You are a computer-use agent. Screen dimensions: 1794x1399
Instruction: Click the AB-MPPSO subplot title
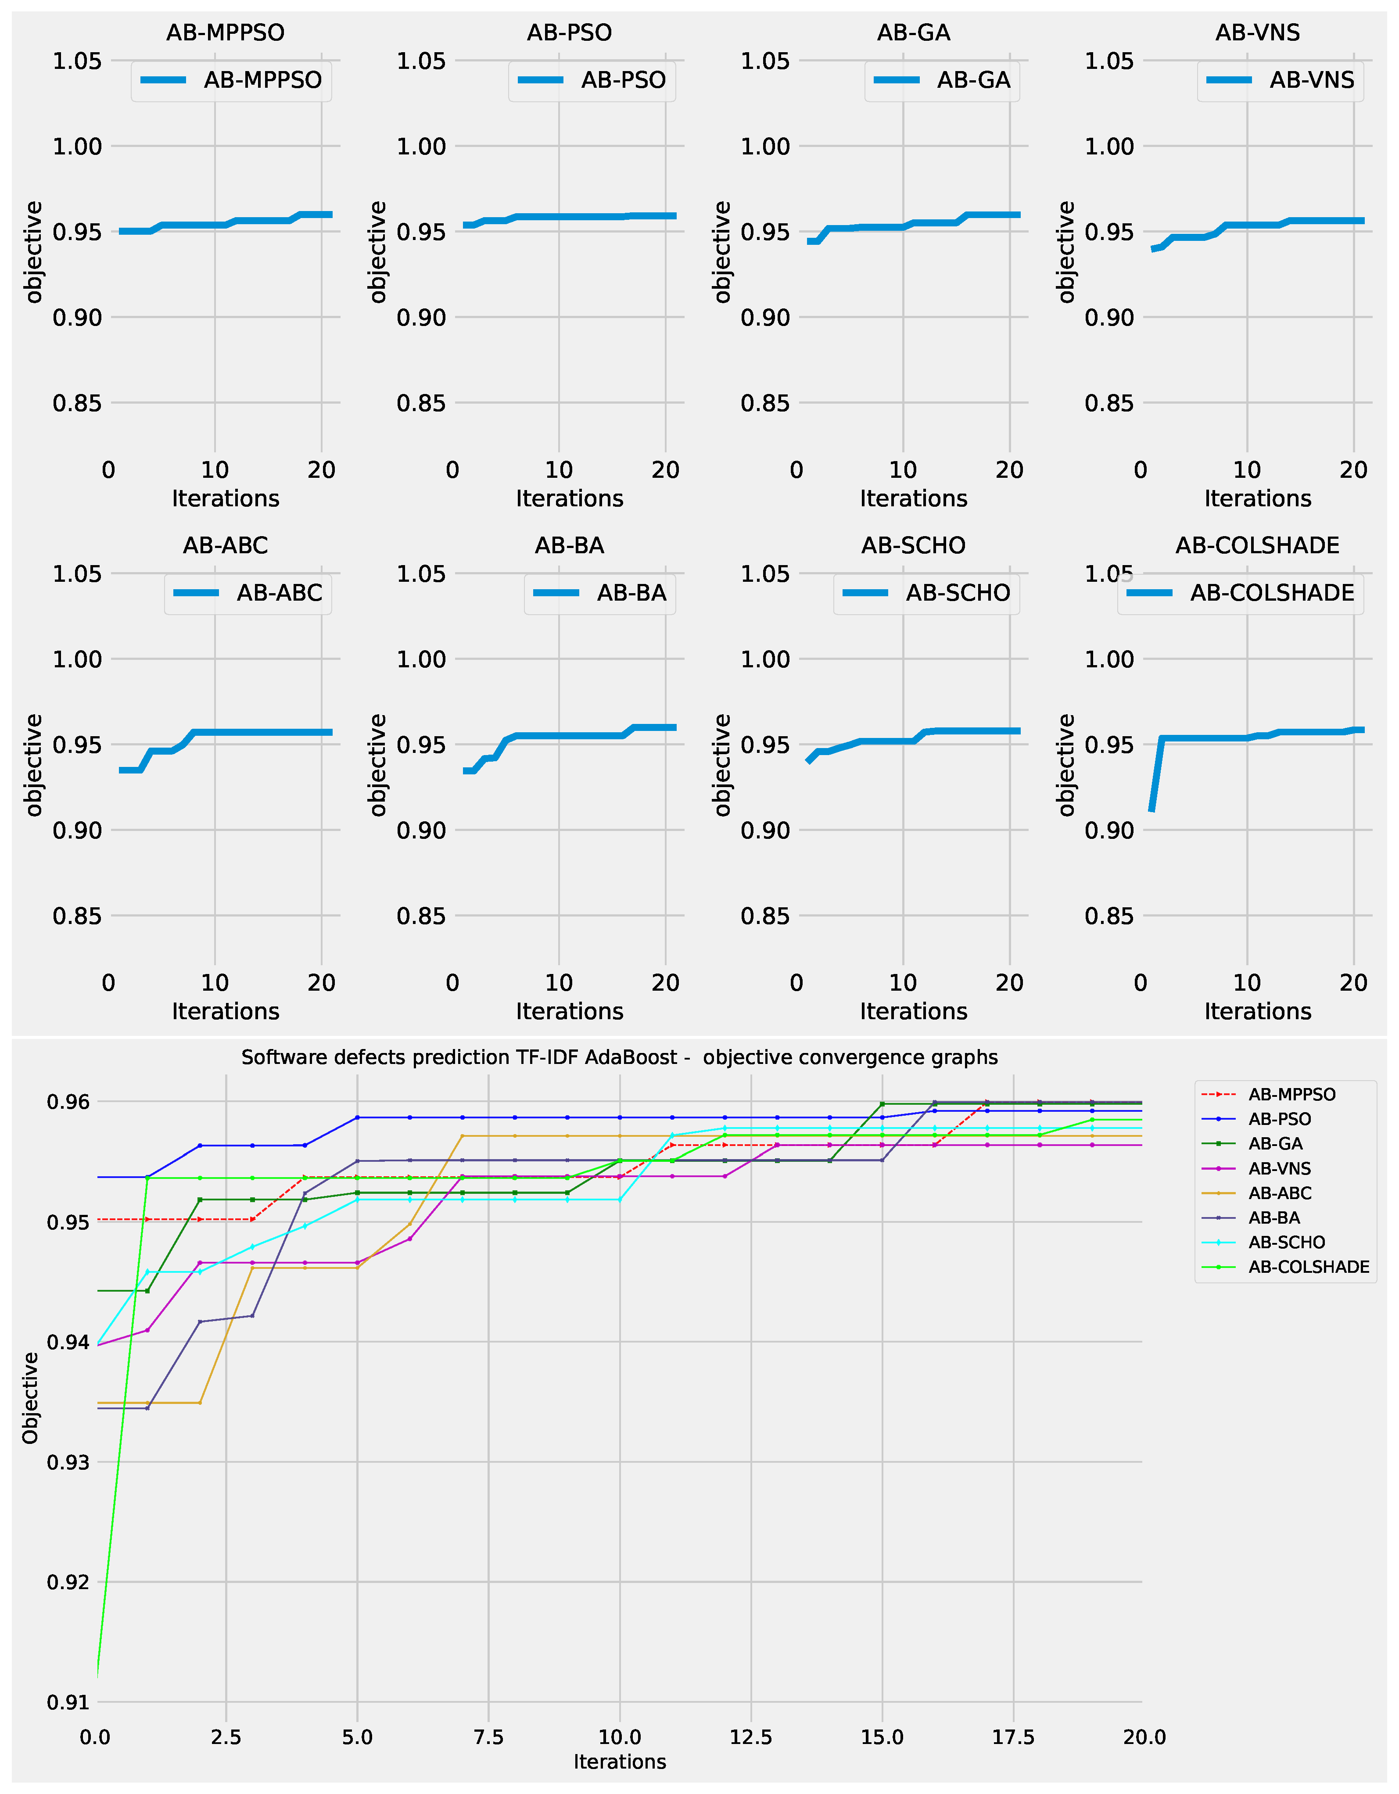tap(225, 33)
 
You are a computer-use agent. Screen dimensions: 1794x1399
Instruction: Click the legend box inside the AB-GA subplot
tap(941, 80)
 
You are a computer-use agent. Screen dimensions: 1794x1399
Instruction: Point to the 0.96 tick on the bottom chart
tap(68, 1102)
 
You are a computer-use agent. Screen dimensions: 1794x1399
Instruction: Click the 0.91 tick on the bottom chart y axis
tap(68, 1702)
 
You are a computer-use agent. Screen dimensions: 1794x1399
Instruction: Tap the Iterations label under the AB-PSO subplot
tap(569, 498)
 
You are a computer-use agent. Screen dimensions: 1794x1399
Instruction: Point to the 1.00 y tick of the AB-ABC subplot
tap(77, 659)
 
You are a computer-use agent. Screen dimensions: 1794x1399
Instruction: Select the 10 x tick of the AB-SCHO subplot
tap(903, 982)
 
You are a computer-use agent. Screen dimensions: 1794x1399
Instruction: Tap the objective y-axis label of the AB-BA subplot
tap(377, 765)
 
